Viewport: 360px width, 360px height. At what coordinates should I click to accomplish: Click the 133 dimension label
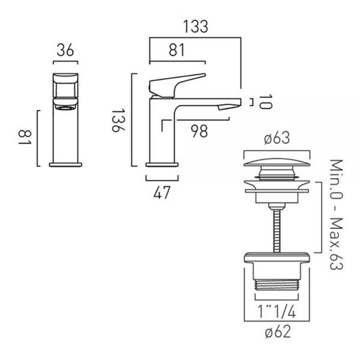pos(196,26)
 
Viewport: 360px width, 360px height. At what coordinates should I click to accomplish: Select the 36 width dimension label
pos(65,50)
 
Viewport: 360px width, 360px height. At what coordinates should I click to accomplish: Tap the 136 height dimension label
pos(118,121)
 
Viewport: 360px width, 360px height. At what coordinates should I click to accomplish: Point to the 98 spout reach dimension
pos(199,131)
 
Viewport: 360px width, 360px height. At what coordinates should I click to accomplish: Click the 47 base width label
pos(162,193)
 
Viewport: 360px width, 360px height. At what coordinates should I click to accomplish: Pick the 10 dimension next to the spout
pos(266,101)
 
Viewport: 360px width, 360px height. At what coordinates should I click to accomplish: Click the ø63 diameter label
pos(277,138)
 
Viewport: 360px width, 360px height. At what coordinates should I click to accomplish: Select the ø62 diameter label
pos(278,332)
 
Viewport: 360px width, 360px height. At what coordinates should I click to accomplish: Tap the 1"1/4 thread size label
pos(277,311)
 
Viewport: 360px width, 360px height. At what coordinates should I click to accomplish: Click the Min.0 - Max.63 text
pos(337,214)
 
